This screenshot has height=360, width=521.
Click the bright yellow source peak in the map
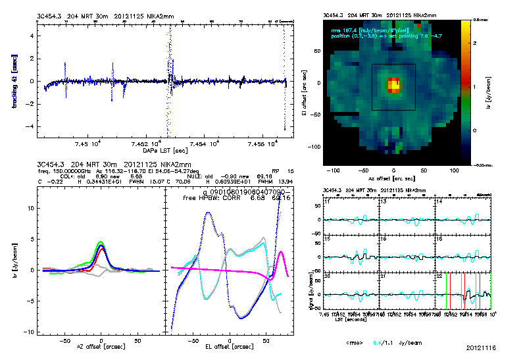point(393,84)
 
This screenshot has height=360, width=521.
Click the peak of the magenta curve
point(281,251)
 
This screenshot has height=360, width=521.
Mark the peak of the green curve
point(100,242)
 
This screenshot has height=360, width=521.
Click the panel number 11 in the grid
point(327,201)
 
